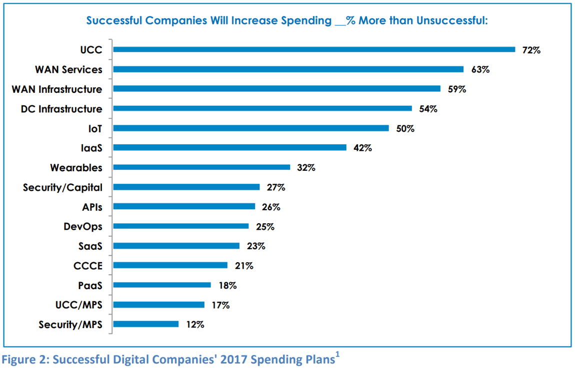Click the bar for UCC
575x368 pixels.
coord(314,49)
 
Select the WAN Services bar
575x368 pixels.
coord(288,69)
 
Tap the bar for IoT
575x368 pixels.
coord(251,128)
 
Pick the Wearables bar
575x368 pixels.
coord(201,167)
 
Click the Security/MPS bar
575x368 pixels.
coord(146,324)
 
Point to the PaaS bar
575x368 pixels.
coord(162,285)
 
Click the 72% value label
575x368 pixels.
coord(531,50)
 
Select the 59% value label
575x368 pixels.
coord(456,89)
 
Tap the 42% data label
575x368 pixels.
coord(362,148)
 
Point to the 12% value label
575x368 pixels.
coord(194,325)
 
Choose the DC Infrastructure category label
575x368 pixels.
coord(61,109)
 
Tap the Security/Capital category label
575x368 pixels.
coord(62,187)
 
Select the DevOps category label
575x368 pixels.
coord(82,226)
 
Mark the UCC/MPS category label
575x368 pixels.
coord(78,305)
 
